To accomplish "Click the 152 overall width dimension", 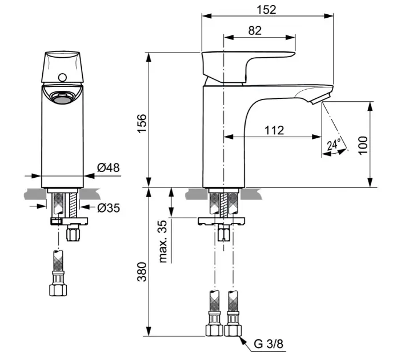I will [267, 10].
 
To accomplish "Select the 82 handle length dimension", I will [255, 31].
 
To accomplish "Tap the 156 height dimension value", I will [142, 125].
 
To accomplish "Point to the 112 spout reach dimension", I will [274, 130].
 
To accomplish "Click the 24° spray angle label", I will [334, 145].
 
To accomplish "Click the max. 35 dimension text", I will [165, 241].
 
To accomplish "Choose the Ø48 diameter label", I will [108, 168].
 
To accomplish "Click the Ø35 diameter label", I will [109, 208].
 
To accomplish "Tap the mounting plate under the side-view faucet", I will [222, 220].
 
